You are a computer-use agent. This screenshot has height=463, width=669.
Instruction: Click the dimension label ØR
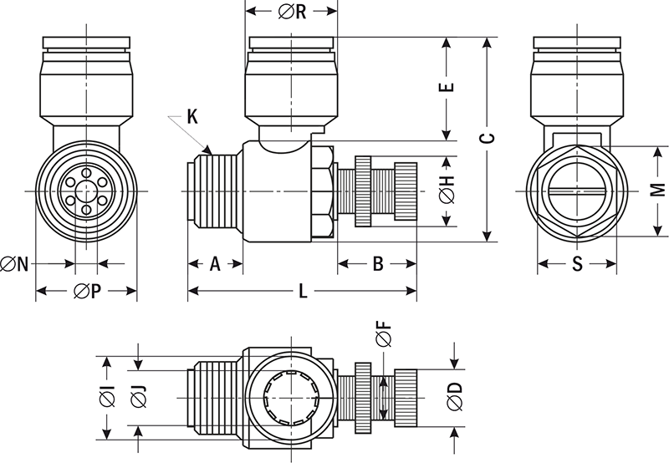pyautogui.click(x=290, y=13)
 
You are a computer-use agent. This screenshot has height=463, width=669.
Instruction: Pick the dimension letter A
pyautogui.click(x=214, y=264)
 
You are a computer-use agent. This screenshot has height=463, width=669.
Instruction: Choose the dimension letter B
pyautogui.click(x=377, y=264)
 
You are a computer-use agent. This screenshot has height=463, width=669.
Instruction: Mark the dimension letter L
pyautogui.click(x=302, y=291)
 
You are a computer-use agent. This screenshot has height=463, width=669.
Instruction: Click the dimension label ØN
pyautogui.click(x=16, y=264)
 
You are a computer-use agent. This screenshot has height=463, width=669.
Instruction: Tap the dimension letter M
pyautogui.click(x=658, y=191)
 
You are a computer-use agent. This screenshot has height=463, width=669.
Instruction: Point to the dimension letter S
pyautogui.click(x=577, y=264)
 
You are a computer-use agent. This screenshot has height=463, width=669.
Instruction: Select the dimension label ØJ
pyautogui.click(x=138, y=399)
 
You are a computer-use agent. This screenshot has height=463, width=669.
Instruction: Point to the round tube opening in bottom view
pyautogui.click(x=291, y=399)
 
